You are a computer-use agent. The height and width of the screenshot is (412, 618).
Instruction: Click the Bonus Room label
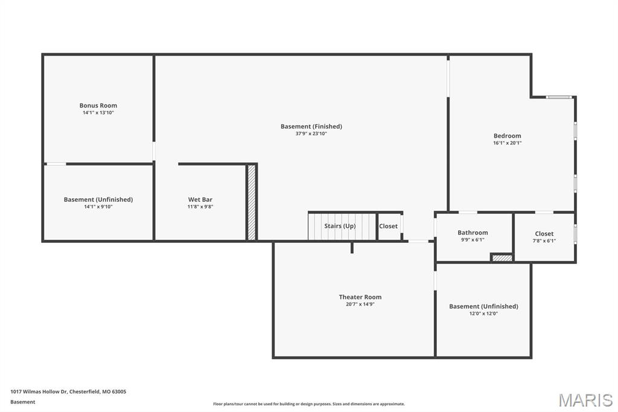(98, 106)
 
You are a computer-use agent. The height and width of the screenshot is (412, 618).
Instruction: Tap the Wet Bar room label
(200, 199)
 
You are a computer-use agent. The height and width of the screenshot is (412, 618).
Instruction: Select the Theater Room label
(360, 297)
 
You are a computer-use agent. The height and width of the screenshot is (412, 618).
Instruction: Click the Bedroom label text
(507, 136)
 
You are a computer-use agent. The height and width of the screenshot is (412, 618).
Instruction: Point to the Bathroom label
(473, 233)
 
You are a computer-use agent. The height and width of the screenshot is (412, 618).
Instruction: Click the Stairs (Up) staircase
(342, 226)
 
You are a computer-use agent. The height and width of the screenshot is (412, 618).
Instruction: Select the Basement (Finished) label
(311, 126)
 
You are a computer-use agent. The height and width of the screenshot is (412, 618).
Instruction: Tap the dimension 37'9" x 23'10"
(311, 134)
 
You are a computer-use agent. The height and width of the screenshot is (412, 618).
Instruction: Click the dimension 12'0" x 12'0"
(483, 314)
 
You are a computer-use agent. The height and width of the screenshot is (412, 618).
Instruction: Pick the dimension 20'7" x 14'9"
(360, 304)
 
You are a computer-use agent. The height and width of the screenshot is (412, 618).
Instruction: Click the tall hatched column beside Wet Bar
(252, 202)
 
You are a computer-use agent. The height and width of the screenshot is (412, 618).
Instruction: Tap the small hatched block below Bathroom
(502, 258)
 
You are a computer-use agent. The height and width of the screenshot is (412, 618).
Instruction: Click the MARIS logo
(585, 400)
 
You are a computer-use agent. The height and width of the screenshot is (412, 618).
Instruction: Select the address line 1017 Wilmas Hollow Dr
(68, 391)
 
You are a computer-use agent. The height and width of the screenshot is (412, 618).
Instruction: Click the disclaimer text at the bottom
(308, 404)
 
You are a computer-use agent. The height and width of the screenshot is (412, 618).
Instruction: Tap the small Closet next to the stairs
(388, 226)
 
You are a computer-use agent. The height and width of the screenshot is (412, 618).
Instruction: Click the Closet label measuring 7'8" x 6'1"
(544, 234)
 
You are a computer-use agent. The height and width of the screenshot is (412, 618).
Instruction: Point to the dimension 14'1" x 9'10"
(98, 207)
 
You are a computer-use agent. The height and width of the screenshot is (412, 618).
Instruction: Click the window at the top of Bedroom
(559, 97)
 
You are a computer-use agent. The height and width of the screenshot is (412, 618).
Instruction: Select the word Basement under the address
(23, 402)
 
